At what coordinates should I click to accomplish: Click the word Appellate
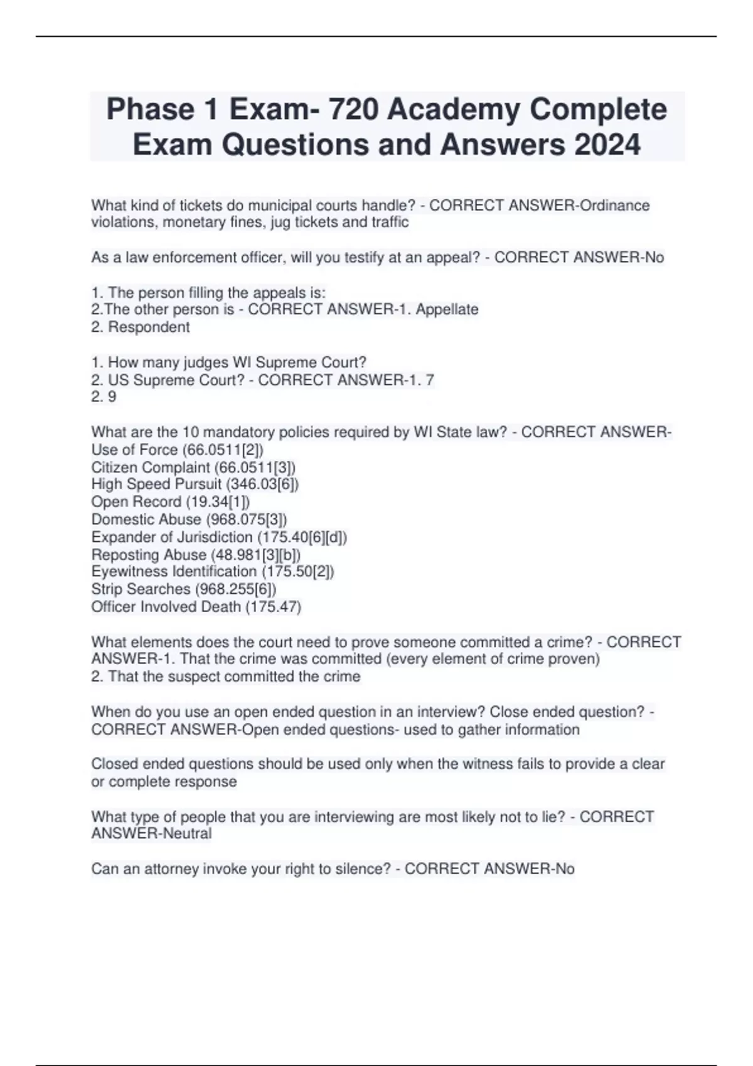(x=447, y=309)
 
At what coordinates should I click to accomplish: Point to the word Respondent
(x=149, y=327)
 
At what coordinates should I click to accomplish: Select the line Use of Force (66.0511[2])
(x=178, y=450)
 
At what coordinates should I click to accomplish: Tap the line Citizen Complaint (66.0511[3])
(x=193, y=467)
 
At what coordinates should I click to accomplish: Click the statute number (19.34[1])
(x=218, y=502)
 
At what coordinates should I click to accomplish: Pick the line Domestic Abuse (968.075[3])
(x=189, y=519)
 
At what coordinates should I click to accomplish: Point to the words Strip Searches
(x=141, y=589)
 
